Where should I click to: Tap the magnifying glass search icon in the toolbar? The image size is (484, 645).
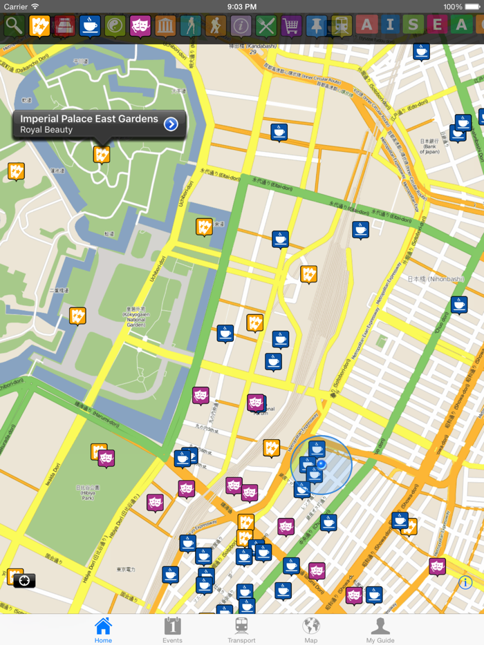[14, 26]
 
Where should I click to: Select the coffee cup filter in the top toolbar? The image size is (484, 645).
[89, 26]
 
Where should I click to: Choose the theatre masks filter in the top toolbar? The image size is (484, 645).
[140, 26]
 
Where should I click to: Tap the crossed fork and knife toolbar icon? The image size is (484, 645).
[266, 26]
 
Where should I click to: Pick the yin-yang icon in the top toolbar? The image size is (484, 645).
[115, 26]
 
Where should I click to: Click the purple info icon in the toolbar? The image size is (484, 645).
[241, 26]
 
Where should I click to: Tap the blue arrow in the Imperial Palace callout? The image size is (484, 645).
[171, 124]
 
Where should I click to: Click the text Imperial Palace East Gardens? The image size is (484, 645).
[89, 119]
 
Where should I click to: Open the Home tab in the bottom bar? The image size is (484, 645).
[103, 630]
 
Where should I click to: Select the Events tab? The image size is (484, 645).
[172, 630]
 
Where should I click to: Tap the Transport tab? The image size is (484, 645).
[241, 630]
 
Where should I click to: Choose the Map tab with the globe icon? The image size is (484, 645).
[311, 630]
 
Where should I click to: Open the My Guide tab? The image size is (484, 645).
[380, 630]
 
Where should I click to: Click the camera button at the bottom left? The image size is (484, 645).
[24, 581]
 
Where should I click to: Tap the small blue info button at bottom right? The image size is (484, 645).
[465, 582]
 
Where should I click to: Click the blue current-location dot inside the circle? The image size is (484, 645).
[321, 465]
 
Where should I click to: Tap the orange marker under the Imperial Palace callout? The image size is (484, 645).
[102, 154]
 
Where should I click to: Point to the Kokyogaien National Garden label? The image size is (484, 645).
[136, 314]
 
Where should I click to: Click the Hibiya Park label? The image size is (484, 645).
[87, 492]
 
